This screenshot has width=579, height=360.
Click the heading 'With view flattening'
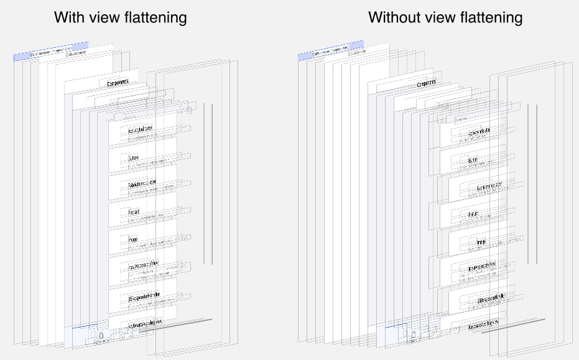(120, 17)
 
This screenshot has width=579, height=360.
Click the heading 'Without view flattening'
(445, 17)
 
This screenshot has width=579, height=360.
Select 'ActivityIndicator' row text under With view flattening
(140, 131)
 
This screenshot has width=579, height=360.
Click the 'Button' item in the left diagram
(133, 159)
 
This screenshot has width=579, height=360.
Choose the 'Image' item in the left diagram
(133, 240)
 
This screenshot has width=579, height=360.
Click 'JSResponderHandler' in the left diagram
(144, 295)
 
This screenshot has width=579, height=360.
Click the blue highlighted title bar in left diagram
(51, 53)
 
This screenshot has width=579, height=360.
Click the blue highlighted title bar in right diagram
(330, 53)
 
